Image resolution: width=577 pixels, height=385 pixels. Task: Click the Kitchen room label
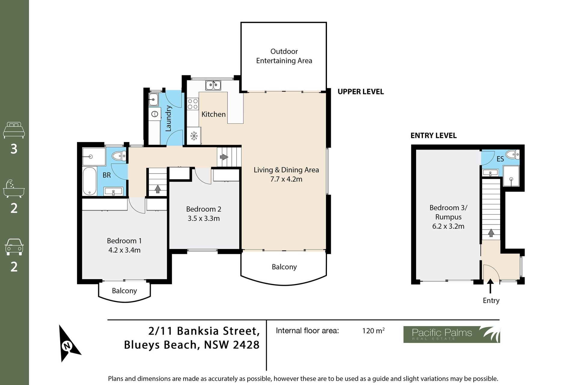[213, 114]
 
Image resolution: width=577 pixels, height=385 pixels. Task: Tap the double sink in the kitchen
[213, 85]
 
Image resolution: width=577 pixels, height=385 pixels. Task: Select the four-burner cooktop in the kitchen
[193, 104]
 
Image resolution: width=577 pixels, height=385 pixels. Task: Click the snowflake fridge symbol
[194, 136]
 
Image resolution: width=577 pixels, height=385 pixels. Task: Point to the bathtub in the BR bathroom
[89, 181]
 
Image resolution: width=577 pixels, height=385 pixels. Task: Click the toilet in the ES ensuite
[513, 155]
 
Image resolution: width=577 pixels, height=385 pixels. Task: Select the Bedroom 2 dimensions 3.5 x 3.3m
[204, 218]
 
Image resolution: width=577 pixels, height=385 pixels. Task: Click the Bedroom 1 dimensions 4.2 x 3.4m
[124, 250]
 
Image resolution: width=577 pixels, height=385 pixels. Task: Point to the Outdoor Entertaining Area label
[284, 56]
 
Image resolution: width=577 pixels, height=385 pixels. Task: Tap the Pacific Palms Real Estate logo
[451, 334]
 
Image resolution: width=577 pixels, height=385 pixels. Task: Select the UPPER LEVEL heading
[361, 92]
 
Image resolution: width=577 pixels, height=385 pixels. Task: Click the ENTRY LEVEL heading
[433, 136]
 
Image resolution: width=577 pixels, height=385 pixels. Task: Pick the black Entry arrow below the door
[490, 286]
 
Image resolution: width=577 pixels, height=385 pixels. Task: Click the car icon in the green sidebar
[14, 247]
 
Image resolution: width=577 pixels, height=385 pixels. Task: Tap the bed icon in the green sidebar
[14, 130]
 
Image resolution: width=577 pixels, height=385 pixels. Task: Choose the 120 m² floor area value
[373, 331]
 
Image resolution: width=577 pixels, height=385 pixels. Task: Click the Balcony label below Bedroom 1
[124, 291]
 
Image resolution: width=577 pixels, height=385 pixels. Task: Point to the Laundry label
[168, 118]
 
